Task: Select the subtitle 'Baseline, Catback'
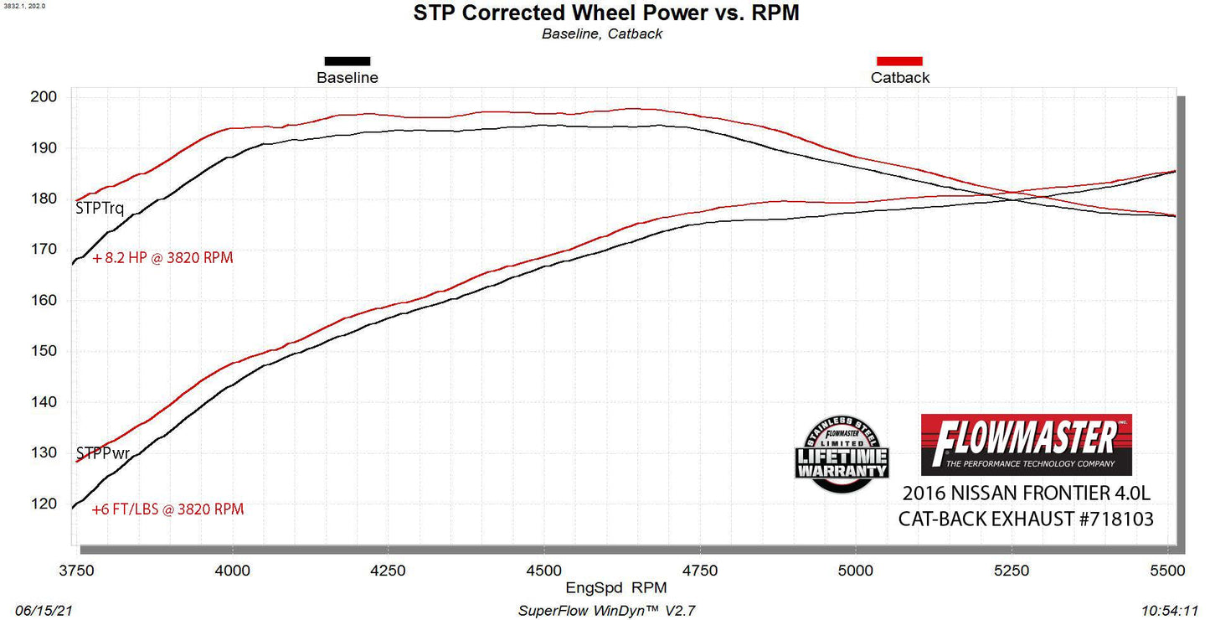(x=601, y=34)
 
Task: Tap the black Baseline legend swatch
(x=347, y=60)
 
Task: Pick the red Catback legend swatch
(x=898, y=60)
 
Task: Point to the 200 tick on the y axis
(x=44, y=97)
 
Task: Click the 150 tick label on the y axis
(x=44, y=351)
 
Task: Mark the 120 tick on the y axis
(x=44, y=504)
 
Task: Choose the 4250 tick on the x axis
(x=388, y=571)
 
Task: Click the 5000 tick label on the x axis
(x=856, y=571)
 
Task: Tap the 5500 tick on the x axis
(x=1167, y=571)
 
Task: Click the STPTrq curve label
(x=100, y=209)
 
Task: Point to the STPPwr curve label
(x=103, y=453)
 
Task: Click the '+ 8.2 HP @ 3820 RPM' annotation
(x=162, y=258)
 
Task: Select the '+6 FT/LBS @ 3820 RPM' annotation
(x=167, y=509)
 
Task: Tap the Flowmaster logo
(x=1026, y=444)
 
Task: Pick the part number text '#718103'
(x=1116, y=519)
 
